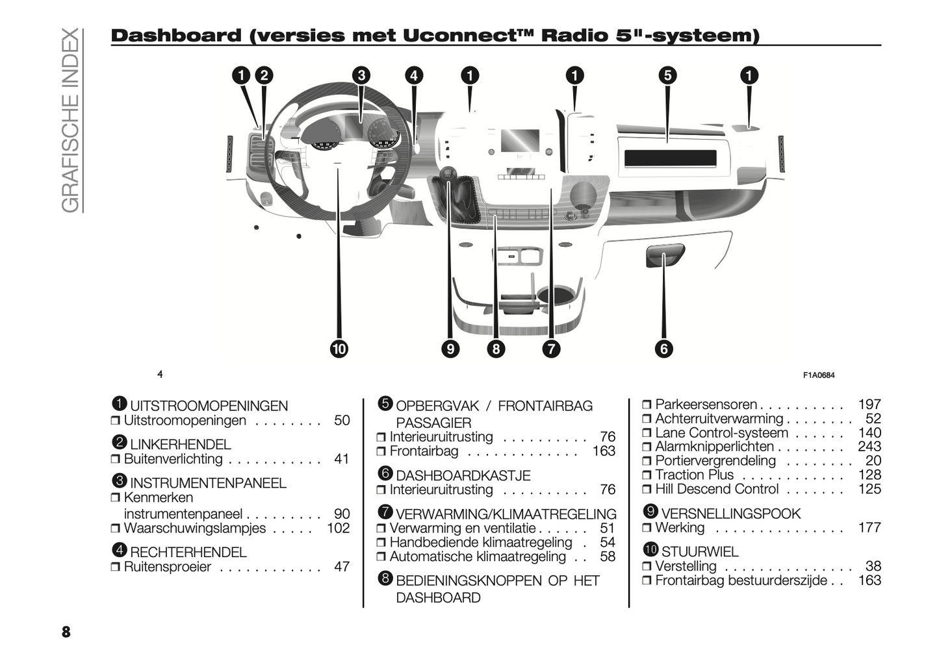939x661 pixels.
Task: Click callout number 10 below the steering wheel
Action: [339, 349]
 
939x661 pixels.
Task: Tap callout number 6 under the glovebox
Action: [663, 349]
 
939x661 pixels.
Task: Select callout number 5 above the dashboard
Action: [667, 75]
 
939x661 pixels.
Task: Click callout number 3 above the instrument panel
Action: [361, 75]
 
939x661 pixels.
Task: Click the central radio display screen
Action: [520, 141]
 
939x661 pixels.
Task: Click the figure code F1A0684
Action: [819, 375]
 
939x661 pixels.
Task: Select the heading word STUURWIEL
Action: [700, 552]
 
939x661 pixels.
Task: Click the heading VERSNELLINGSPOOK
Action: [730, 514]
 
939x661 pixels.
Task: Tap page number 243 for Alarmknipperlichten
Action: [869, 447]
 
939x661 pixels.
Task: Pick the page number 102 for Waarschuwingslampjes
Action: [339, 528]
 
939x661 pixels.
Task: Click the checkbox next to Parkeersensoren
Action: [647, 405]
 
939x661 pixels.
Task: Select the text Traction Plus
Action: [694, 475]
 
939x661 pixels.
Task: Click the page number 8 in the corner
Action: [66, 632]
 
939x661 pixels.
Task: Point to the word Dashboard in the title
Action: [176, 36]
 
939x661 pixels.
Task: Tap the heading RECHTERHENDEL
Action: [188, 552]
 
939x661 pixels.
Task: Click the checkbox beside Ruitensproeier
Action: [115, 567]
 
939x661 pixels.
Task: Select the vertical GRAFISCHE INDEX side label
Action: [70, 120]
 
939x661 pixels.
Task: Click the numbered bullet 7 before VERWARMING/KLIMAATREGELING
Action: [385, 512]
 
